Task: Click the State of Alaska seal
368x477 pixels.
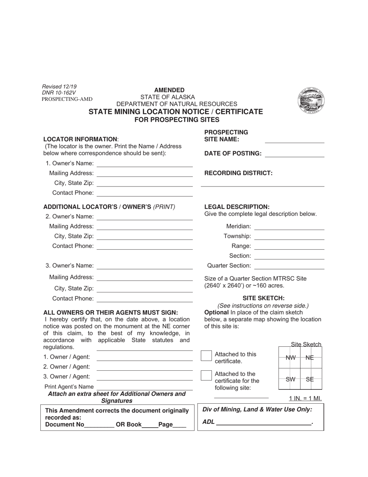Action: tap(311, 100)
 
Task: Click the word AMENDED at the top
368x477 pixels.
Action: tap(169, 90)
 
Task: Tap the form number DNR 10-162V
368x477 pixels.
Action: tap(59, 93)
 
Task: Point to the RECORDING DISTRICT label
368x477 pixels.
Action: tap(238, 173)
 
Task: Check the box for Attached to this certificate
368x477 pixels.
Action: tap(206, 356)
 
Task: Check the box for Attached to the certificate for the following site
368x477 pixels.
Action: tap(206, 375)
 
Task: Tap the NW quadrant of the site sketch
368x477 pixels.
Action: tap(290, 358)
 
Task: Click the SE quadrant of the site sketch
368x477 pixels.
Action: tap(310, 379)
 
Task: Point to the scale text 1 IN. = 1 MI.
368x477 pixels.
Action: tap(305, 398)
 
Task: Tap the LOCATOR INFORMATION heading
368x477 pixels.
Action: tap(80, 139)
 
